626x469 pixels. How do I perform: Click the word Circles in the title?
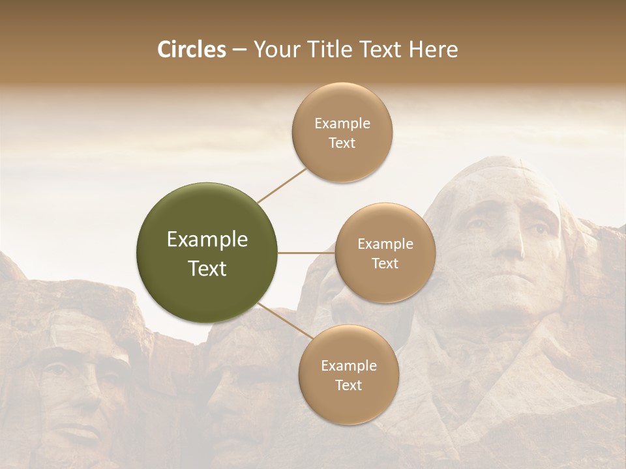pos(191,50)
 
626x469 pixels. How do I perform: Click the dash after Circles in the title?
pos(239,50)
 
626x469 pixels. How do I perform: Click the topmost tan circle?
pos(342,133)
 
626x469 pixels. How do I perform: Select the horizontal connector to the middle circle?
pos(306,253)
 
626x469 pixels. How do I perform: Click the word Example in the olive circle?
pos(207,240)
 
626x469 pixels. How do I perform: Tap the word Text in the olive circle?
pos(207,268)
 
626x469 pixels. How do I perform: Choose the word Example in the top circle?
pos(342,124)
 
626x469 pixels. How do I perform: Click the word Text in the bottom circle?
pos(348,385)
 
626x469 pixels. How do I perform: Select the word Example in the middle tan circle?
pos(385,244)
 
